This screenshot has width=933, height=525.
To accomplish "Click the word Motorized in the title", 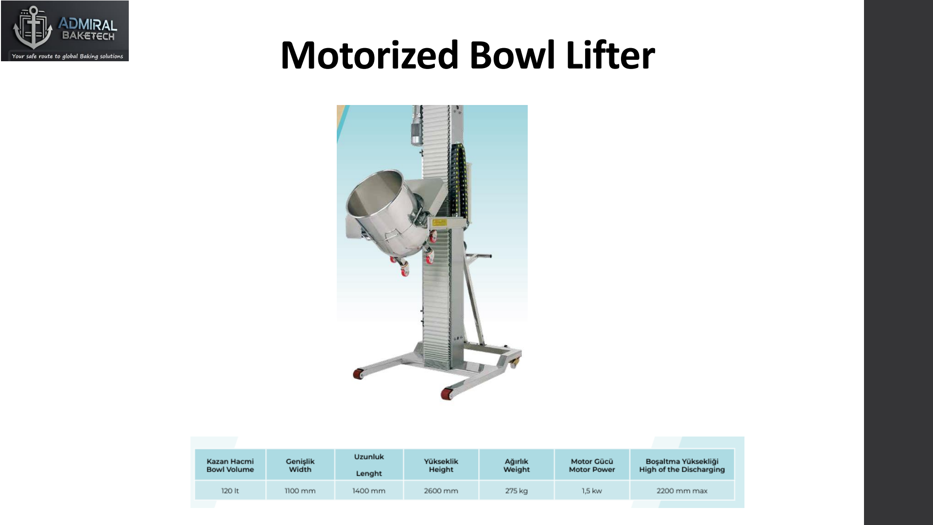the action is tap(369, 55).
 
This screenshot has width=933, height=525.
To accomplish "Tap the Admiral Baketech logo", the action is tap(65, 31).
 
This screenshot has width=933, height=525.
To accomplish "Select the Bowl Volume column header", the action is tap(230, 465).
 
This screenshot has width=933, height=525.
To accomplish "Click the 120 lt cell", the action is tap(230, 490).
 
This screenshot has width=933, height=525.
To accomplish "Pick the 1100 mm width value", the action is tap(300, 490).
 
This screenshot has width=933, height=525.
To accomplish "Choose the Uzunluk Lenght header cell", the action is tap(369, 465).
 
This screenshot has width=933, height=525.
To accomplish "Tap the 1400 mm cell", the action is tap(369, 490).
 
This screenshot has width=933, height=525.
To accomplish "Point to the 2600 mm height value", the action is tap(441, 490).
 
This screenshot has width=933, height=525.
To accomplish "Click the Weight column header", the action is tap(517, 465).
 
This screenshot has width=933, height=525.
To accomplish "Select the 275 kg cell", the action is tap(517, 490).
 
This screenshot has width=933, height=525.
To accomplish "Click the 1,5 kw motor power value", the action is tap(592, 490).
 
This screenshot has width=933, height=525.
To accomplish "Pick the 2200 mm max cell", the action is tap(682, 490).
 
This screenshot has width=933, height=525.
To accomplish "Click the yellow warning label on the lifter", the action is tap(440, 222).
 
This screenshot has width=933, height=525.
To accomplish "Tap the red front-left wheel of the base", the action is tap(358, 374).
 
